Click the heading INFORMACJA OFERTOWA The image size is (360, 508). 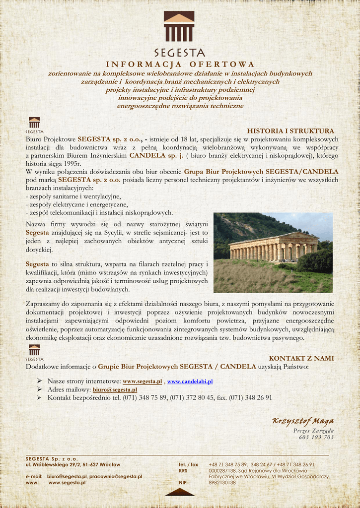click(180, 64)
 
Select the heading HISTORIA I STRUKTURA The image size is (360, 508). click(290, 131)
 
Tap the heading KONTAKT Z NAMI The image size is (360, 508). click(301, 358)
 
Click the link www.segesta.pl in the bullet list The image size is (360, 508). click(142, 381)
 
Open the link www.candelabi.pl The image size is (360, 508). click(190, 381)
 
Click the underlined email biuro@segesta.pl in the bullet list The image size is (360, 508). click(115, 390)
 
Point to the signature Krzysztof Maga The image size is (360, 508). click(302, 421)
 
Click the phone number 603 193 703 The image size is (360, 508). click(316, 437)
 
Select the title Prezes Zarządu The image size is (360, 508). click(313, 430)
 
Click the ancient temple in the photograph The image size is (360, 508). click(273, 247)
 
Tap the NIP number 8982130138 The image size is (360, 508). click(222, 482)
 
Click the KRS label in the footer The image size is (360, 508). click(183, 470)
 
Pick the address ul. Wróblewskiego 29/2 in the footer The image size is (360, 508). click(73, 464)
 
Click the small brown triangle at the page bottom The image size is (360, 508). click(180, 492)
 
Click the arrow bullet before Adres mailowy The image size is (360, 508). click(39, 390)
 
